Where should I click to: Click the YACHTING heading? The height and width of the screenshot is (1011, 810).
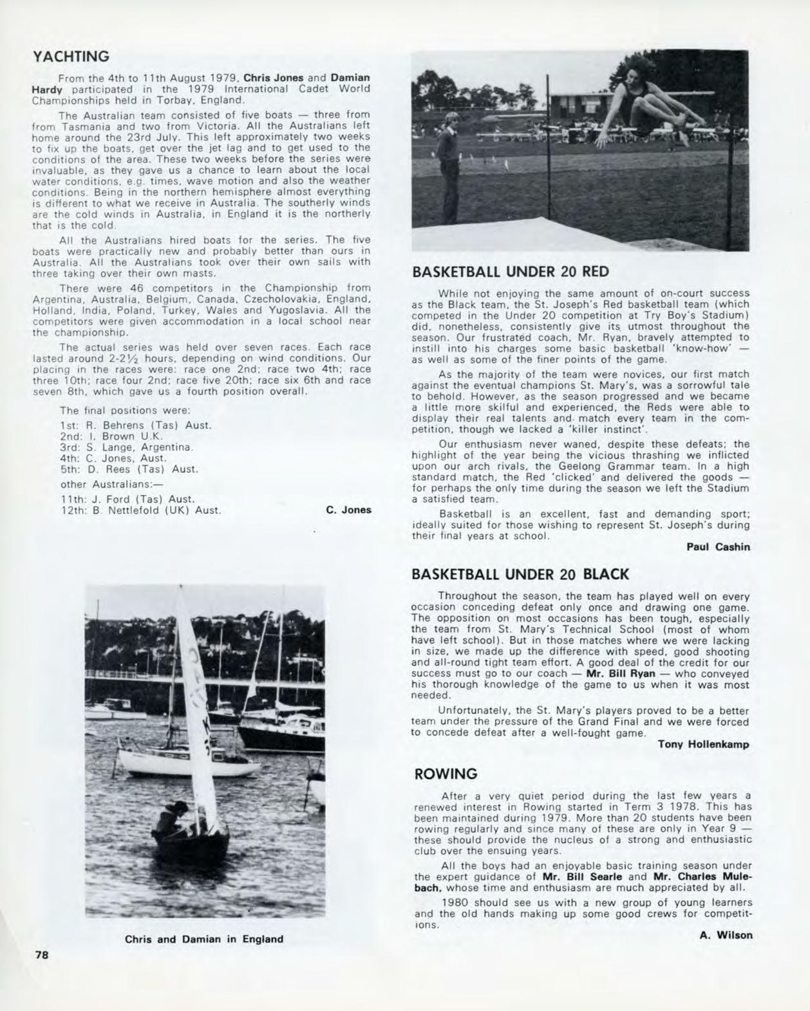pos(70,57)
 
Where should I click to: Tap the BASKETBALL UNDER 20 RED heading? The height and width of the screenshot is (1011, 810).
pos(510,271)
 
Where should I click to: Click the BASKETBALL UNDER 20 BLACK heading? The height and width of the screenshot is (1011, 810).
pos(520,573)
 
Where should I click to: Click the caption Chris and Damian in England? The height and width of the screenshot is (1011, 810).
pos(204,939)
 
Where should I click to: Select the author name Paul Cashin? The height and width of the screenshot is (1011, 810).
pos(718,547)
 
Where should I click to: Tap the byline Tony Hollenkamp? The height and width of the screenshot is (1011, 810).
pos(704,744)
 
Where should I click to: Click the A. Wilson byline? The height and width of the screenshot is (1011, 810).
pos(726,935)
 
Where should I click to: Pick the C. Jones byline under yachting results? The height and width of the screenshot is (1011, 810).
pos(348,510)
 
